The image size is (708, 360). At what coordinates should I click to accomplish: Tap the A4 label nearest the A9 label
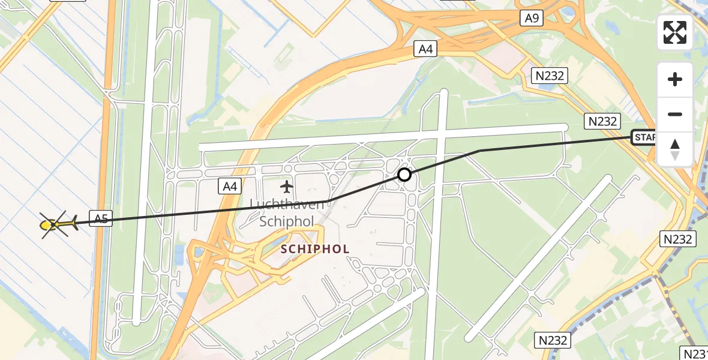pyautogui.click(x=425, y=49)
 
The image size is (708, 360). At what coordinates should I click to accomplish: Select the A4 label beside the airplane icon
pyautogui.click(x=230, y=187)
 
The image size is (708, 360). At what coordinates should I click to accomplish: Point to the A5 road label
pyautogui.click(x=101, y=218)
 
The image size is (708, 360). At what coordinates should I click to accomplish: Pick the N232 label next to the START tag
pyautogui.click(x=602, y=121)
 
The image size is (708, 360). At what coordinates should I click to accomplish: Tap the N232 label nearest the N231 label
pyautogui.click(x=552, y=340)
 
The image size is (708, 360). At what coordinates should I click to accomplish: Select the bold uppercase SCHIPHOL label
pyautogui.click(x=316, y=249)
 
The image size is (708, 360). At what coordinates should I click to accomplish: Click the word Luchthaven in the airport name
pyautogui.click(x=286, y=205)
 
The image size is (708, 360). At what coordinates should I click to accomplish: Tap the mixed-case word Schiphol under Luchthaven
pyautogui.click(x=287, y=221)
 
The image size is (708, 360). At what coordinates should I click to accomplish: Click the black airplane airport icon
pyautogui.click(x=287, y=187)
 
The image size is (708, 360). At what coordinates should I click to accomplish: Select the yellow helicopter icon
pyautogui.click(x=57, y=225)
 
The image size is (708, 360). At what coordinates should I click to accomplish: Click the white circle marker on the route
pyautogui.click(x=404, y=175)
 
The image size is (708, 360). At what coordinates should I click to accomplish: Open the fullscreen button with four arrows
pyautogui.click(x=675, y=32)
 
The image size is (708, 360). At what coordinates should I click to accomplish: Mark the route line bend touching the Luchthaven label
pyautogui.click(x=327, y=201)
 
